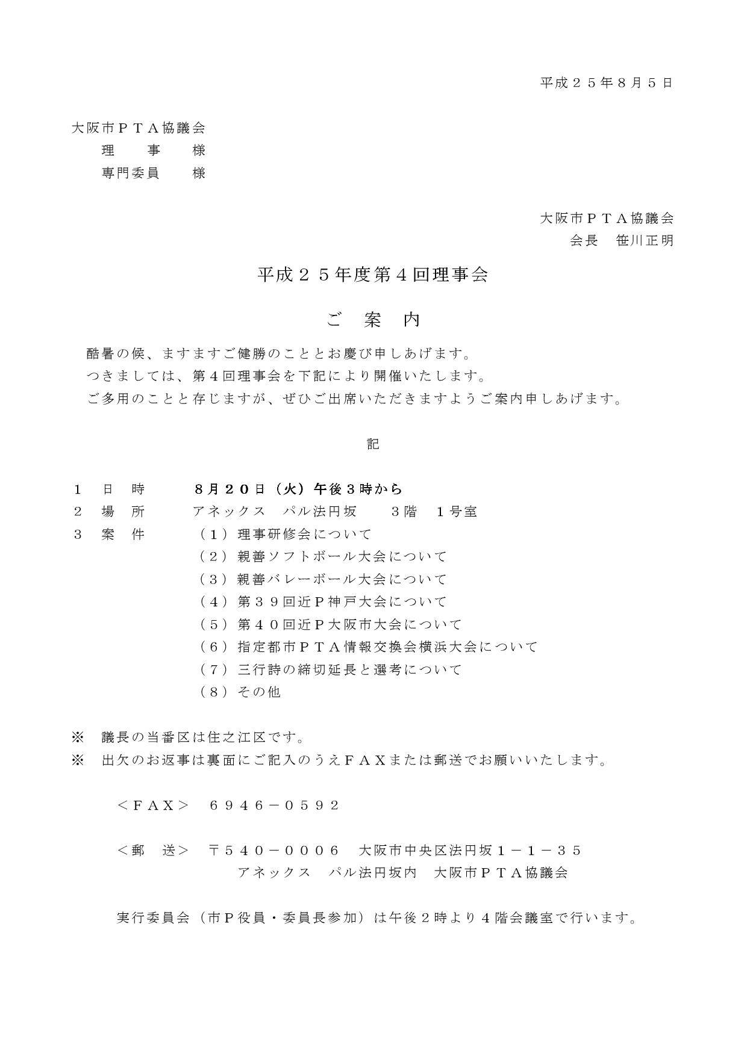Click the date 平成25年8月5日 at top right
click(606, 83)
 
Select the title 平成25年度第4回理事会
click(373, 275)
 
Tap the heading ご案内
click(373, 320)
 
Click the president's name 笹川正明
click(645, 241)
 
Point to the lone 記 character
click(373, 444)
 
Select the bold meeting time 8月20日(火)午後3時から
click(298, 489)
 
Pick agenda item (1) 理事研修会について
click(286, 534)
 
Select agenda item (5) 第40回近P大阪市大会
click(331, 624)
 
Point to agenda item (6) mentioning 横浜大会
click(368, 647)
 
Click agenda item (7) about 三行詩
click(331, 669)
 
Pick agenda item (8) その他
click(240, 692)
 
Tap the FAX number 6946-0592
click(275, 805)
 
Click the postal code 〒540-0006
click(275, 850)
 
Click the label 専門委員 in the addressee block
click(130, 173)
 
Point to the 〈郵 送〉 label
click(153, 850)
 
